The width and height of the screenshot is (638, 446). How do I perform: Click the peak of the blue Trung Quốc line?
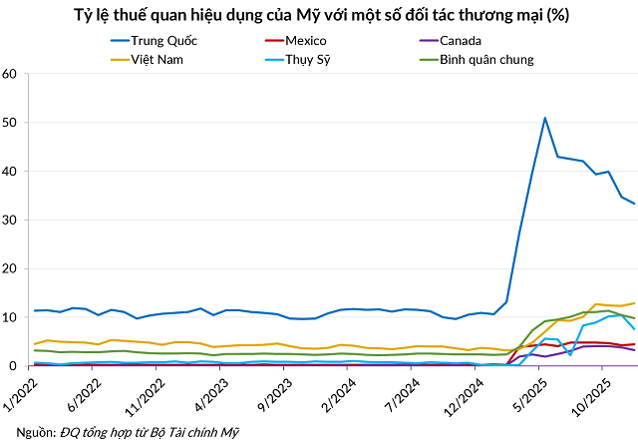click(545, 118)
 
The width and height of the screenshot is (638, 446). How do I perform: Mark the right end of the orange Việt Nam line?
click(634, 303)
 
